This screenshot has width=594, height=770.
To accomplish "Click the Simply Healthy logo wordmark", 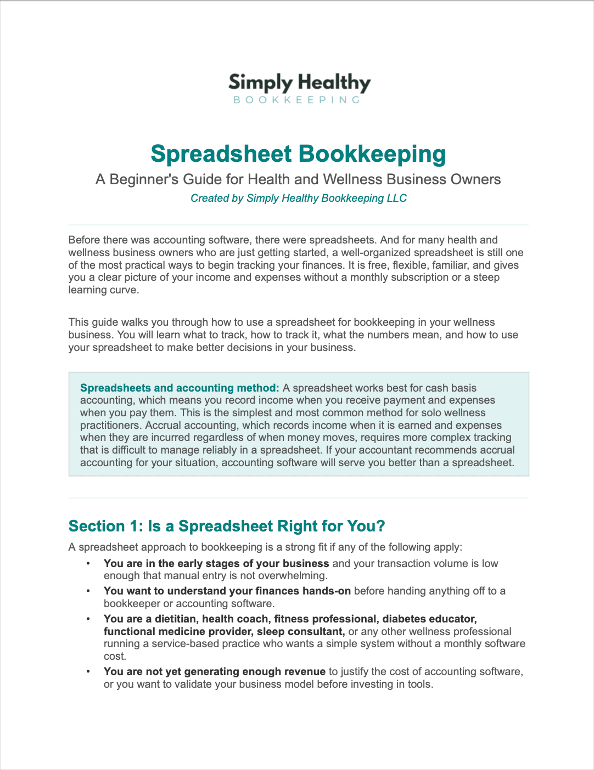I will (299, 83).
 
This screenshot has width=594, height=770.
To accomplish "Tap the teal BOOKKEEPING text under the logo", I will (297, 100).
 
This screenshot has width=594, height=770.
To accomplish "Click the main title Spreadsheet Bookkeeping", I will (298, 154).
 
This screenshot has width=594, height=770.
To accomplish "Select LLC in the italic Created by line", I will (396, 198).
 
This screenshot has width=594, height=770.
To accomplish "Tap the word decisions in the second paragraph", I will (256, 347).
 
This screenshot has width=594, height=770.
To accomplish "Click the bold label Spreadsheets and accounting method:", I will (180, 388).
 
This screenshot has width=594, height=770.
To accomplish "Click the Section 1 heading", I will (227, 526).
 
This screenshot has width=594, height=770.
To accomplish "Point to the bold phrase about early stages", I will (216, 563).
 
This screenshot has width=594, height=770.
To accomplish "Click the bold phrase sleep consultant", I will (301, 631).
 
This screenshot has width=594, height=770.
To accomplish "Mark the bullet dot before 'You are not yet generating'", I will (87, 672).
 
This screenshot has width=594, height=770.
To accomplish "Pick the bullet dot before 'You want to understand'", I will (87, 591).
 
